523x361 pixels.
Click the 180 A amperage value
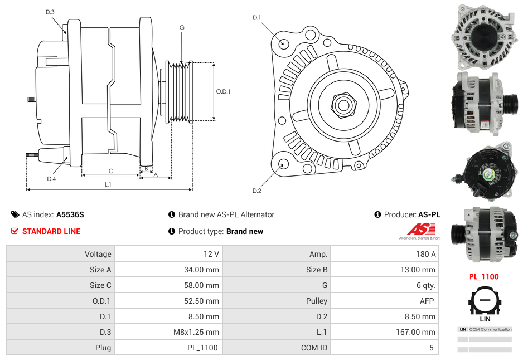click(425, 254)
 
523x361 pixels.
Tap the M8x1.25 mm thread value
click(196, 332)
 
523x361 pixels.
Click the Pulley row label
click(316, 301)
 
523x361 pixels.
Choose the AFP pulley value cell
click(428, 301)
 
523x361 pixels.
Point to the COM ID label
click(314, 348)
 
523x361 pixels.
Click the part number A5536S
click(70, 214)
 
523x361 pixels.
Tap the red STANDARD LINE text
click(51, 231)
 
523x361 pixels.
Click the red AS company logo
click(420, 229)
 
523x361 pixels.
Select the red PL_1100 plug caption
click(483, 276)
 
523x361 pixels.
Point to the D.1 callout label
click(256, 18)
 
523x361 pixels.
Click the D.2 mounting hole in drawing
click(283, 164)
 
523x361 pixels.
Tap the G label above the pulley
click(182, 27)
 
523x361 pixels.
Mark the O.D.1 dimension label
click(223, 92)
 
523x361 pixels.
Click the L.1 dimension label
click(108, 184)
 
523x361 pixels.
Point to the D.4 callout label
click(51, 179)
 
